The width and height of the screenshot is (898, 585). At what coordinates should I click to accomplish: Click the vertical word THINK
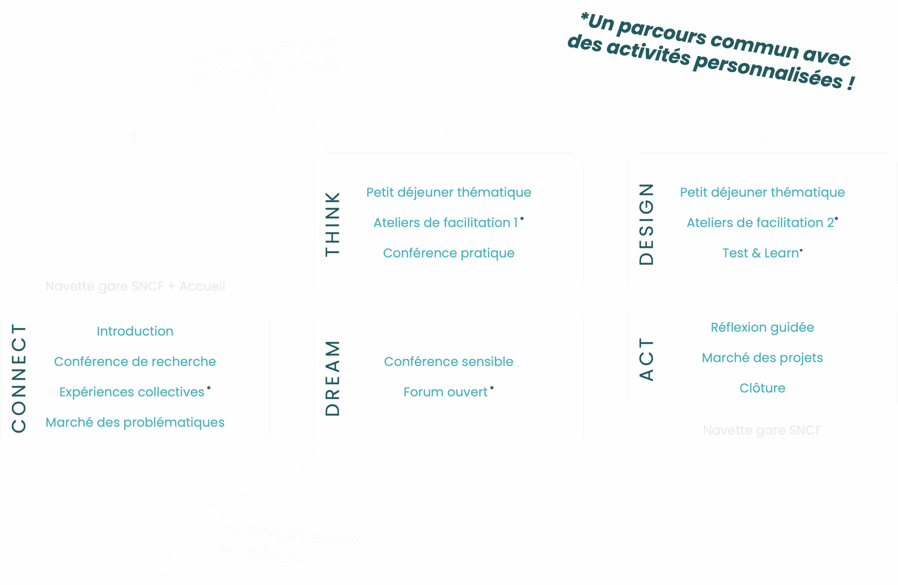tap(333, 224)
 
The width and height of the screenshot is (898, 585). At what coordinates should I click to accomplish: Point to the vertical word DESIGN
tap(646, 224)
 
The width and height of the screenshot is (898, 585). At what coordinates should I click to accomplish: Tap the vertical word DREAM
tap(333, 378)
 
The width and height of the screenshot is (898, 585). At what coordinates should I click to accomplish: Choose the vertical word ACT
tap(646, 359)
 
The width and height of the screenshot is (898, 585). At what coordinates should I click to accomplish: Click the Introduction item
tap(135, 331)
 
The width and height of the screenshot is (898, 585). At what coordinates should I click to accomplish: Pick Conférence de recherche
tap(135, 361)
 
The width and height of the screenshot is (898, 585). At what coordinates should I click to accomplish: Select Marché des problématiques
tap(135, 422)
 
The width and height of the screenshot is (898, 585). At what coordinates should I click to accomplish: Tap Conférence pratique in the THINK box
tap(449, 253)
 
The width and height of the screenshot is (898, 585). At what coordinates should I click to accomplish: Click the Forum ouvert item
tap(445, 392)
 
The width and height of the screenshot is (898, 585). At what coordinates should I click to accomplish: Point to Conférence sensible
tap(449, 361)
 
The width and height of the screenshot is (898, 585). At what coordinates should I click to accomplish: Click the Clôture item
tap(762, 388)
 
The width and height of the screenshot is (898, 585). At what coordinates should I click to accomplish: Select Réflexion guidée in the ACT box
tap(762, 327)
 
